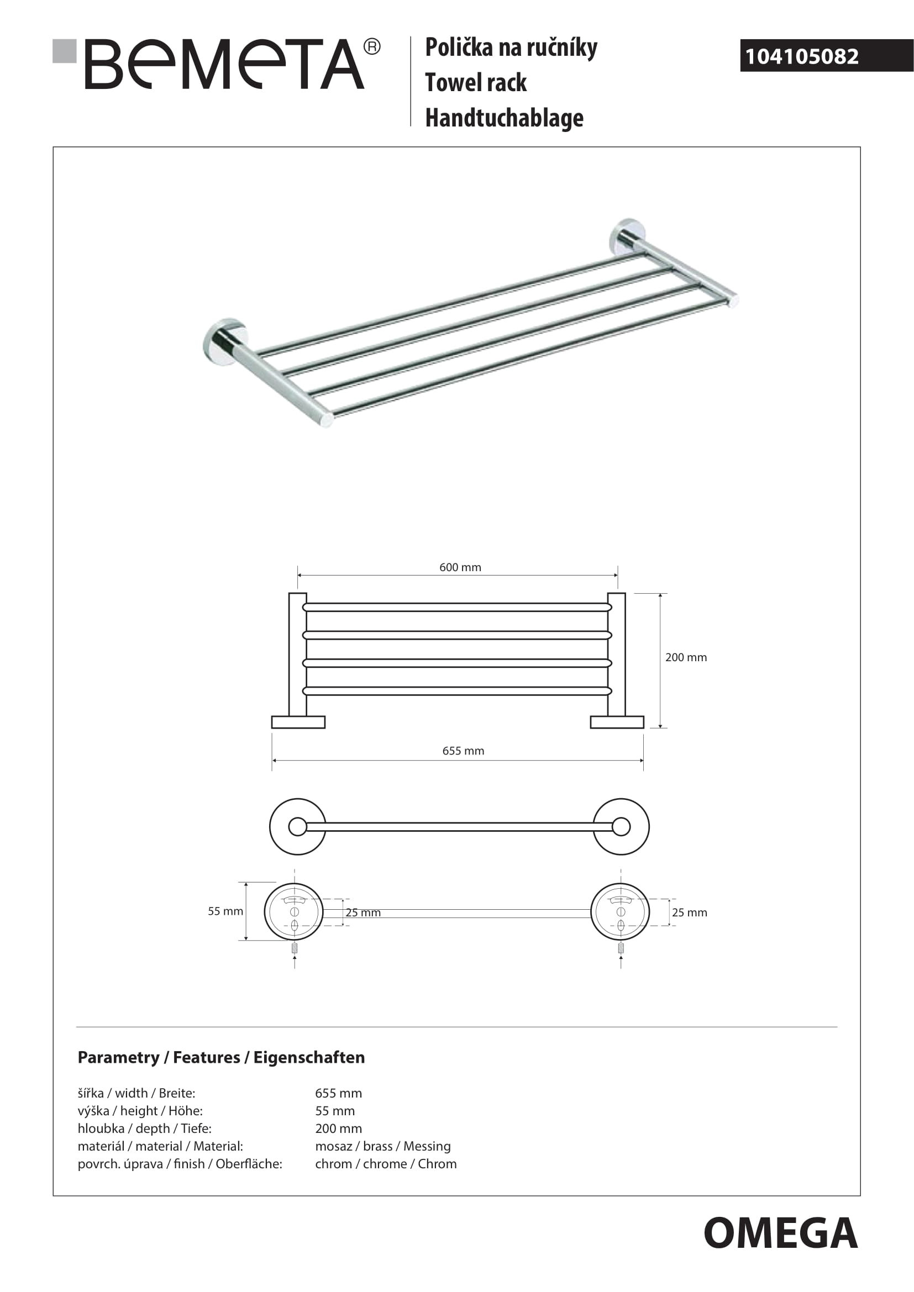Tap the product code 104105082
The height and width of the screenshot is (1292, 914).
tap(801, 56)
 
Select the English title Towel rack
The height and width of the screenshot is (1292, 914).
tap(476, 83)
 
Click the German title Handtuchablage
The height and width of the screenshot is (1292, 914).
tap(504, 118)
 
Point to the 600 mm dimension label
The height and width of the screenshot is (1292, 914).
tap(460, 567)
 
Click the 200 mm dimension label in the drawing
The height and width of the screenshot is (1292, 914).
tap(685, 657)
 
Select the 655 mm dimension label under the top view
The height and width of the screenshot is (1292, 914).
tap(463, 751)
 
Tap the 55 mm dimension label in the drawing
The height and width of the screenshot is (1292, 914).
tap(225, 911)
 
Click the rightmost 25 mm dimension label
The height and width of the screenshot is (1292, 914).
tap(689, 913)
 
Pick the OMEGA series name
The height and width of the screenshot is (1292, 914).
tap(780, 1233)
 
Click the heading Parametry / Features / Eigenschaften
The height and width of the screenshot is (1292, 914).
tap(221, 1057)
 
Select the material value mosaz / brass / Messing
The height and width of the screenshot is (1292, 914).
tap(383, 1146)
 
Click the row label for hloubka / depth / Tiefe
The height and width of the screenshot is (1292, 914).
tap(145, 1128)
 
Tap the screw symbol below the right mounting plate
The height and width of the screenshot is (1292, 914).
tap(621, 948)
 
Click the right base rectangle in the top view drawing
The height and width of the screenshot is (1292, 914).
tap(617, 722)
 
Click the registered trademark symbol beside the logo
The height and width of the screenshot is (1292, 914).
tap(372, 47)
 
